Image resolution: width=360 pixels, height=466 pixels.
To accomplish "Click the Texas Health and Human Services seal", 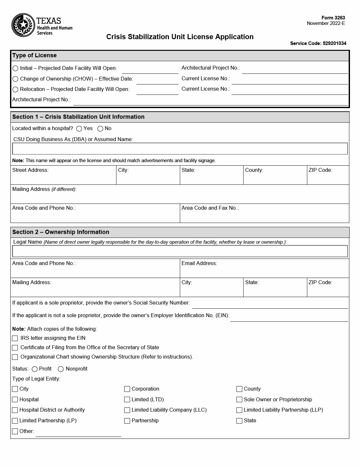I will coord(23,25).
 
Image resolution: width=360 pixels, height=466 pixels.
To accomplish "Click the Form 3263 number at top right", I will coord(333,18).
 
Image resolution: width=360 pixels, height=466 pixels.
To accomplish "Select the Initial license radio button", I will coord(15,68).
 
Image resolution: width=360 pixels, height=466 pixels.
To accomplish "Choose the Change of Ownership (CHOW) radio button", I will coord(15,79).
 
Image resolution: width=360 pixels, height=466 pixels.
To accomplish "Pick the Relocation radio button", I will coord(15,89).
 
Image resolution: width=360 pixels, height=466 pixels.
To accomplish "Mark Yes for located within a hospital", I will coord(79,129).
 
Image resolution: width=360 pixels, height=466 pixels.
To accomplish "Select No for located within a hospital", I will coord(100,129).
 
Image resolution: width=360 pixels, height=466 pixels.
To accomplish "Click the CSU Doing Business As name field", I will coord(180,149).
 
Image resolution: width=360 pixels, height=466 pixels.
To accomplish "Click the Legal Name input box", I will coord(180,251).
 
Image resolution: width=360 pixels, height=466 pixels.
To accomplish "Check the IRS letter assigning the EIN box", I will coord(15,338).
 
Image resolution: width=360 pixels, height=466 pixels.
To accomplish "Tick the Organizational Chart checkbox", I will coord(15,357).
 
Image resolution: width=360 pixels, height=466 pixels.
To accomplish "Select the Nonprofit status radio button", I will coord(60,369).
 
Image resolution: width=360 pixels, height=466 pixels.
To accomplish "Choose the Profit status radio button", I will coord(35,369).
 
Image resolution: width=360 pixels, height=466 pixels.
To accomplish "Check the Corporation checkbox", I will coord(127,389).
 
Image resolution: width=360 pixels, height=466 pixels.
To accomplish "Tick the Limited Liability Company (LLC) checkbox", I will coord(127,410).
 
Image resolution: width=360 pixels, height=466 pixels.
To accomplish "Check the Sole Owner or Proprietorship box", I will coord(239,400).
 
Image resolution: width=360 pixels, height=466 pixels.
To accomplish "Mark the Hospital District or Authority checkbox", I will coord(15,410).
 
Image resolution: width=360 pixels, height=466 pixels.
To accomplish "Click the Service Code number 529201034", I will coord(334,43).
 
